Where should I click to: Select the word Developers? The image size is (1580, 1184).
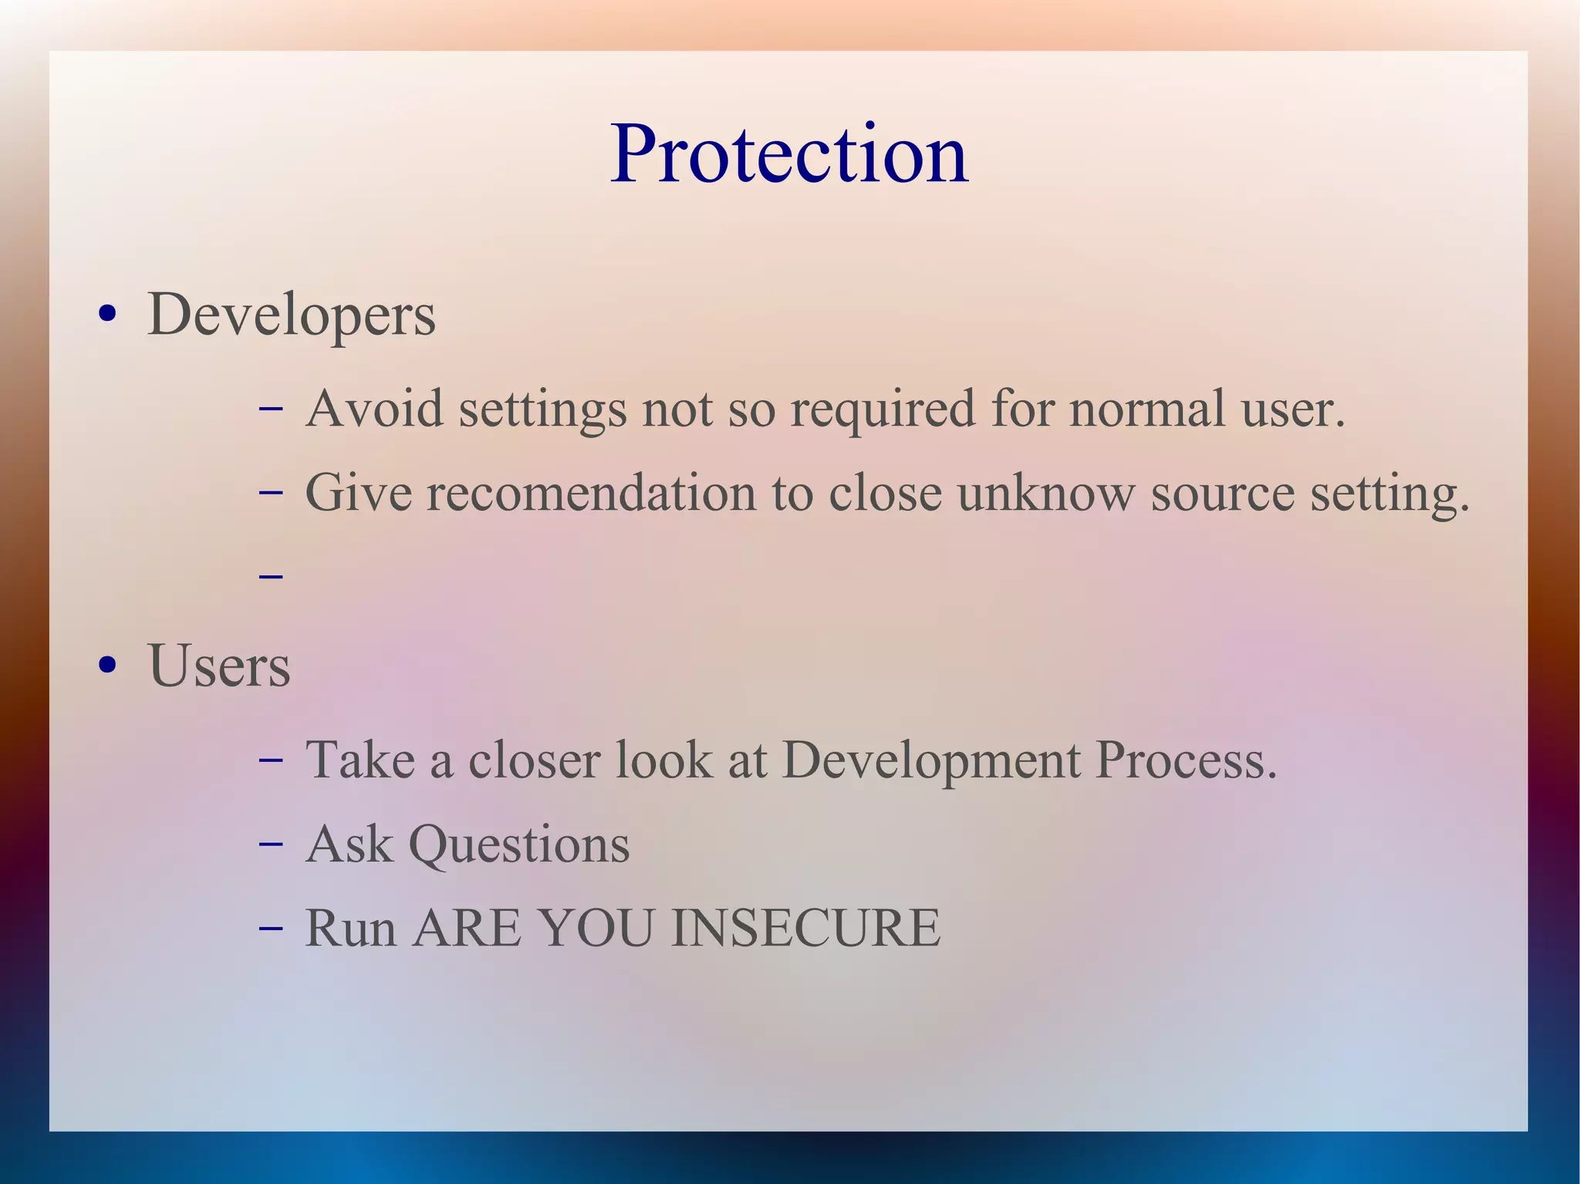pos(291,315)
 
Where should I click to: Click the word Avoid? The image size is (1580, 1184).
pos(374,408)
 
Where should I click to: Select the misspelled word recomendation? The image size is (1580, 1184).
pos(592,493)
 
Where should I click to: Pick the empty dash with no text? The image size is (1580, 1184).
pos(272,575)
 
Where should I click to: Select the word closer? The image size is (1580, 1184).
pos(534,761)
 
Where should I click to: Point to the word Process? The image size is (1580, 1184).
pos(1187,761)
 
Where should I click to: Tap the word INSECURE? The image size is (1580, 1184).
pos(806,928)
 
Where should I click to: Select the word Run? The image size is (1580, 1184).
pos(351,928)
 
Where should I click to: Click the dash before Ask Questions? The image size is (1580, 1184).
pos(272,844)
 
